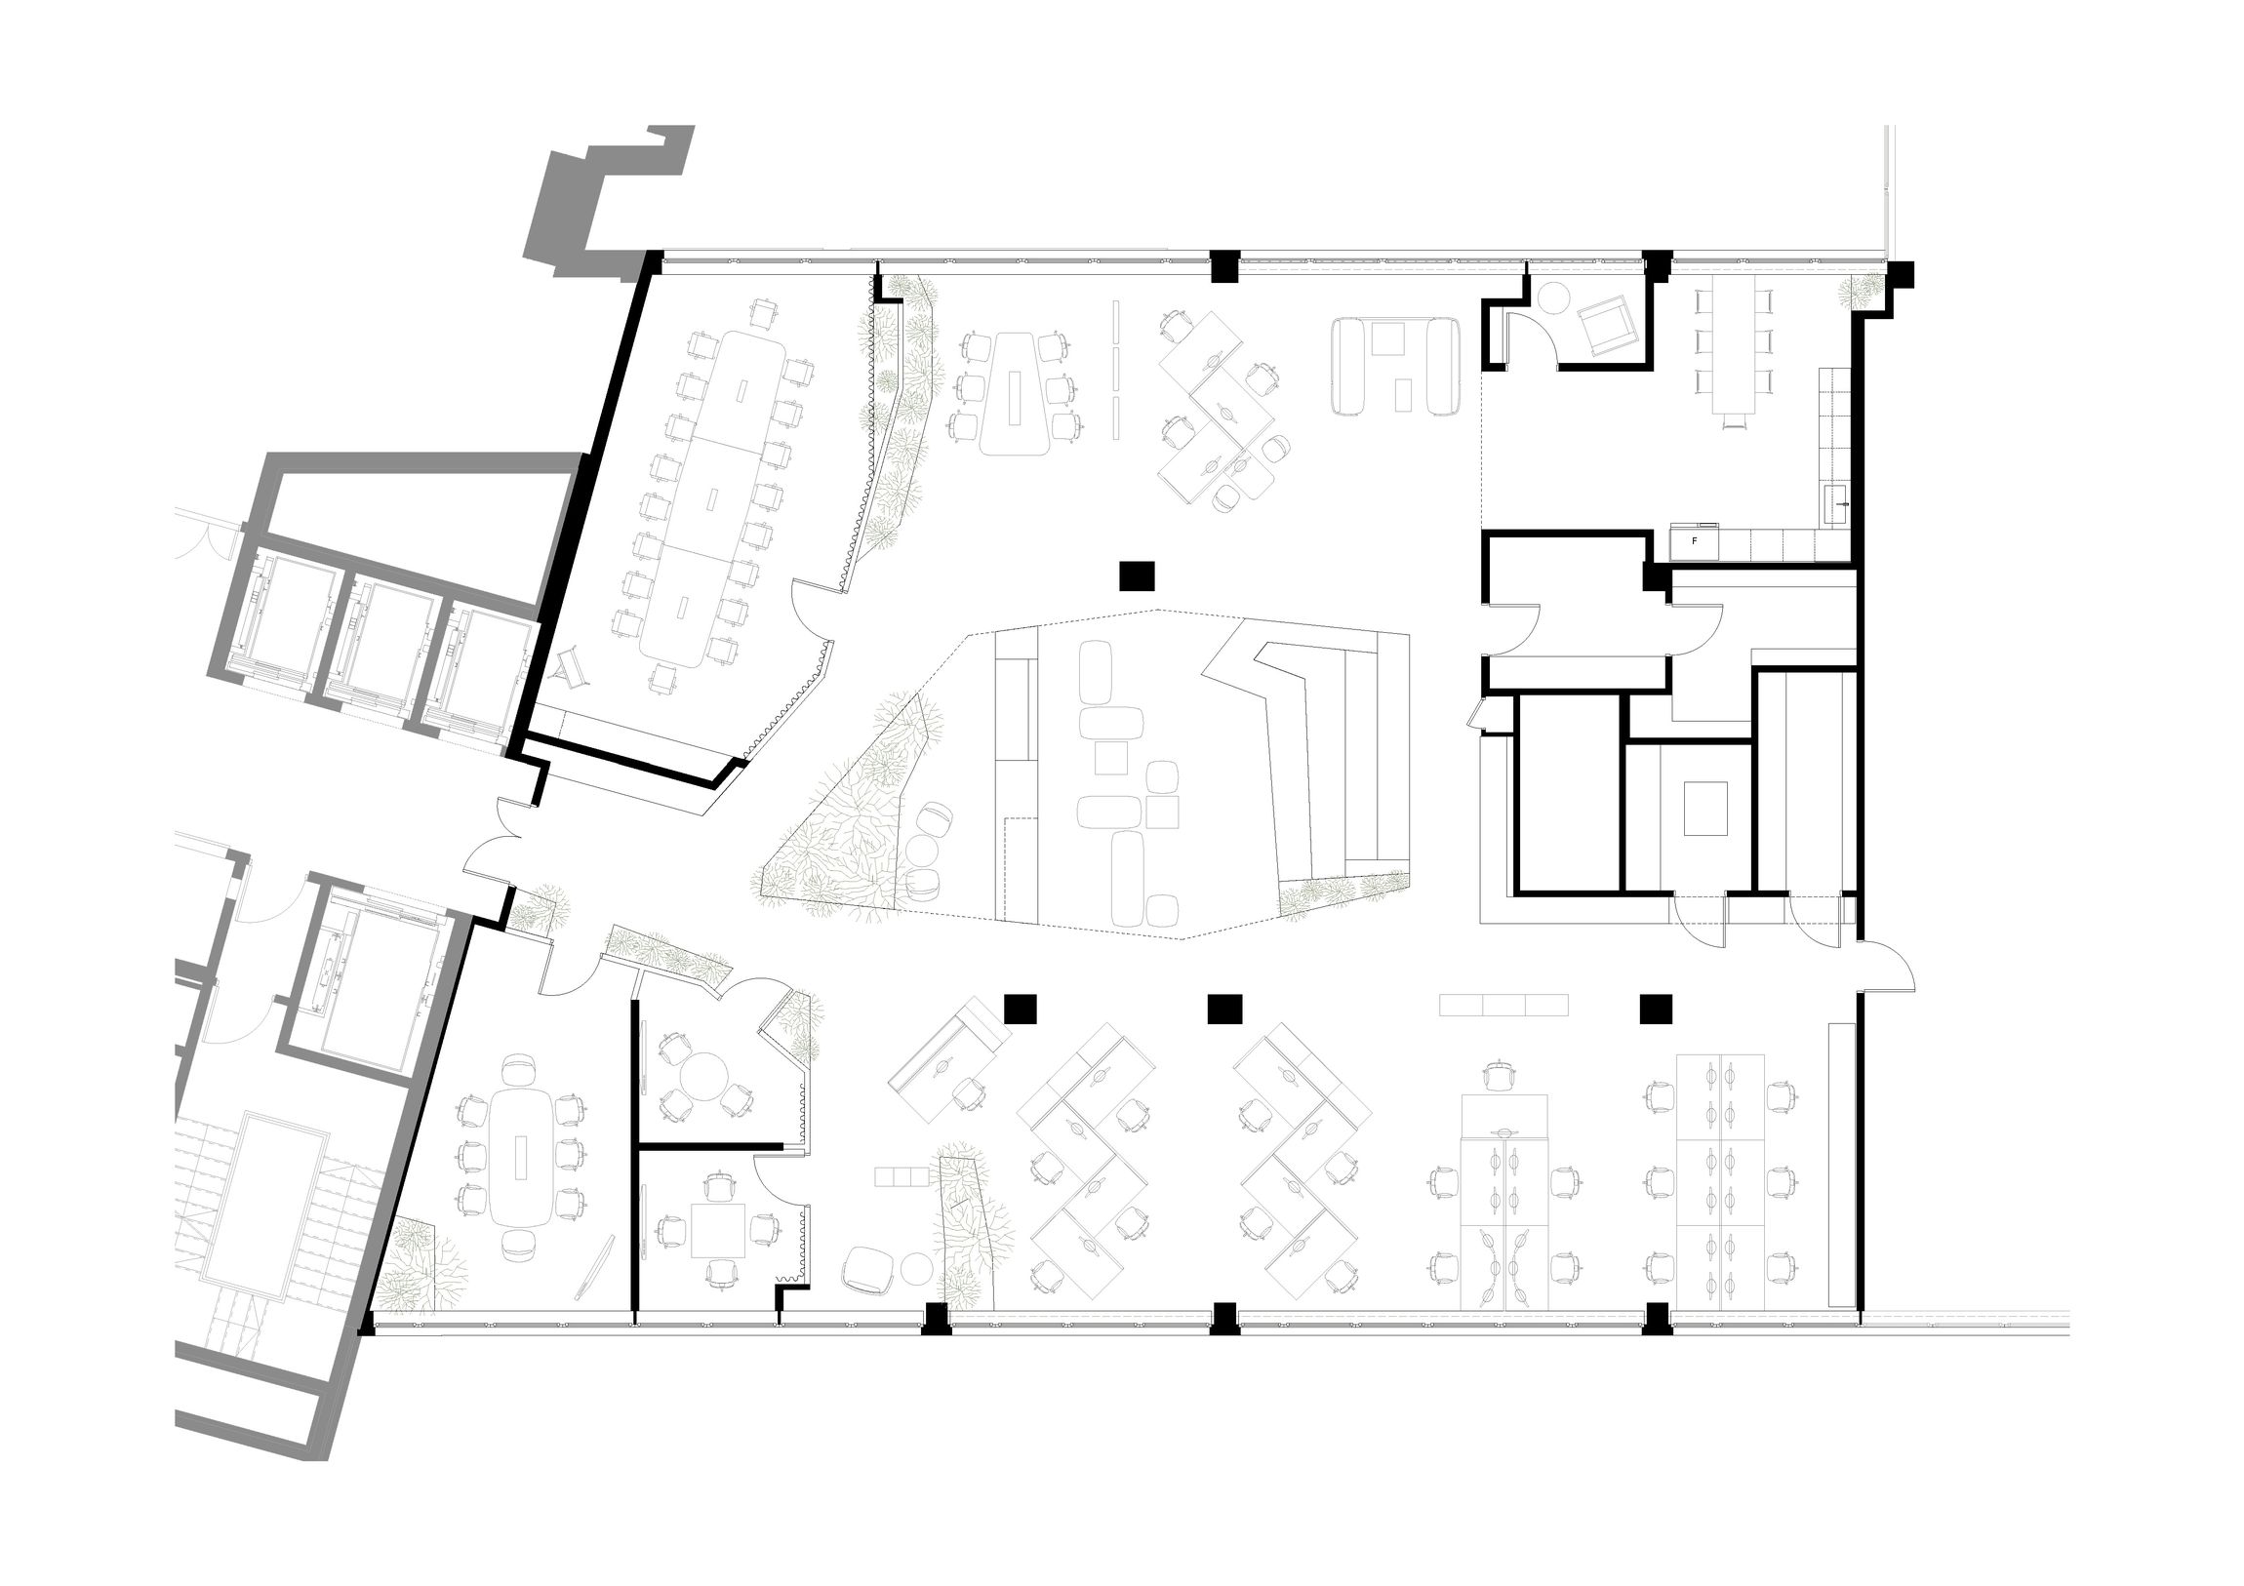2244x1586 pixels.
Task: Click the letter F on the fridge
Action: pyautogui.click(x=1694, y=540)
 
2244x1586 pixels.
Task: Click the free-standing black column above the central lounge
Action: pyautogui.click(x=1138, y=575)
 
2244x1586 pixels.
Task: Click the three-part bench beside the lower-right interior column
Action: pyautogui.click(x=1504, y=1005)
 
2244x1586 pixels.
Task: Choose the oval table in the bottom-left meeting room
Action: pyautogui.click(x=521, y=1158)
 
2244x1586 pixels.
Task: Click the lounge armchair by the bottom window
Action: pyautogui.click(x=870, y=1270)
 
